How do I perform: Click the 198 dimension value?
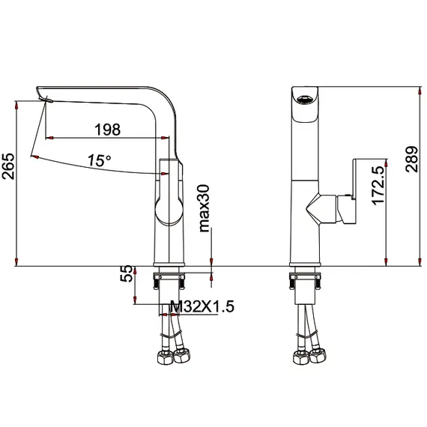(x=107, y=130)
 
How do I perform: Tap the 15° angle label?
(x=98, y=160)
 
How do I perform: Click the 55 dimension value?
(x=127, y=273)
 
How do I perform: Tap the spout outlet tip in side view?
(x=42, y=97)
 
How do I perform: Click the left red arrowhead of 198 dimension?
(x=49, y=138)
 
